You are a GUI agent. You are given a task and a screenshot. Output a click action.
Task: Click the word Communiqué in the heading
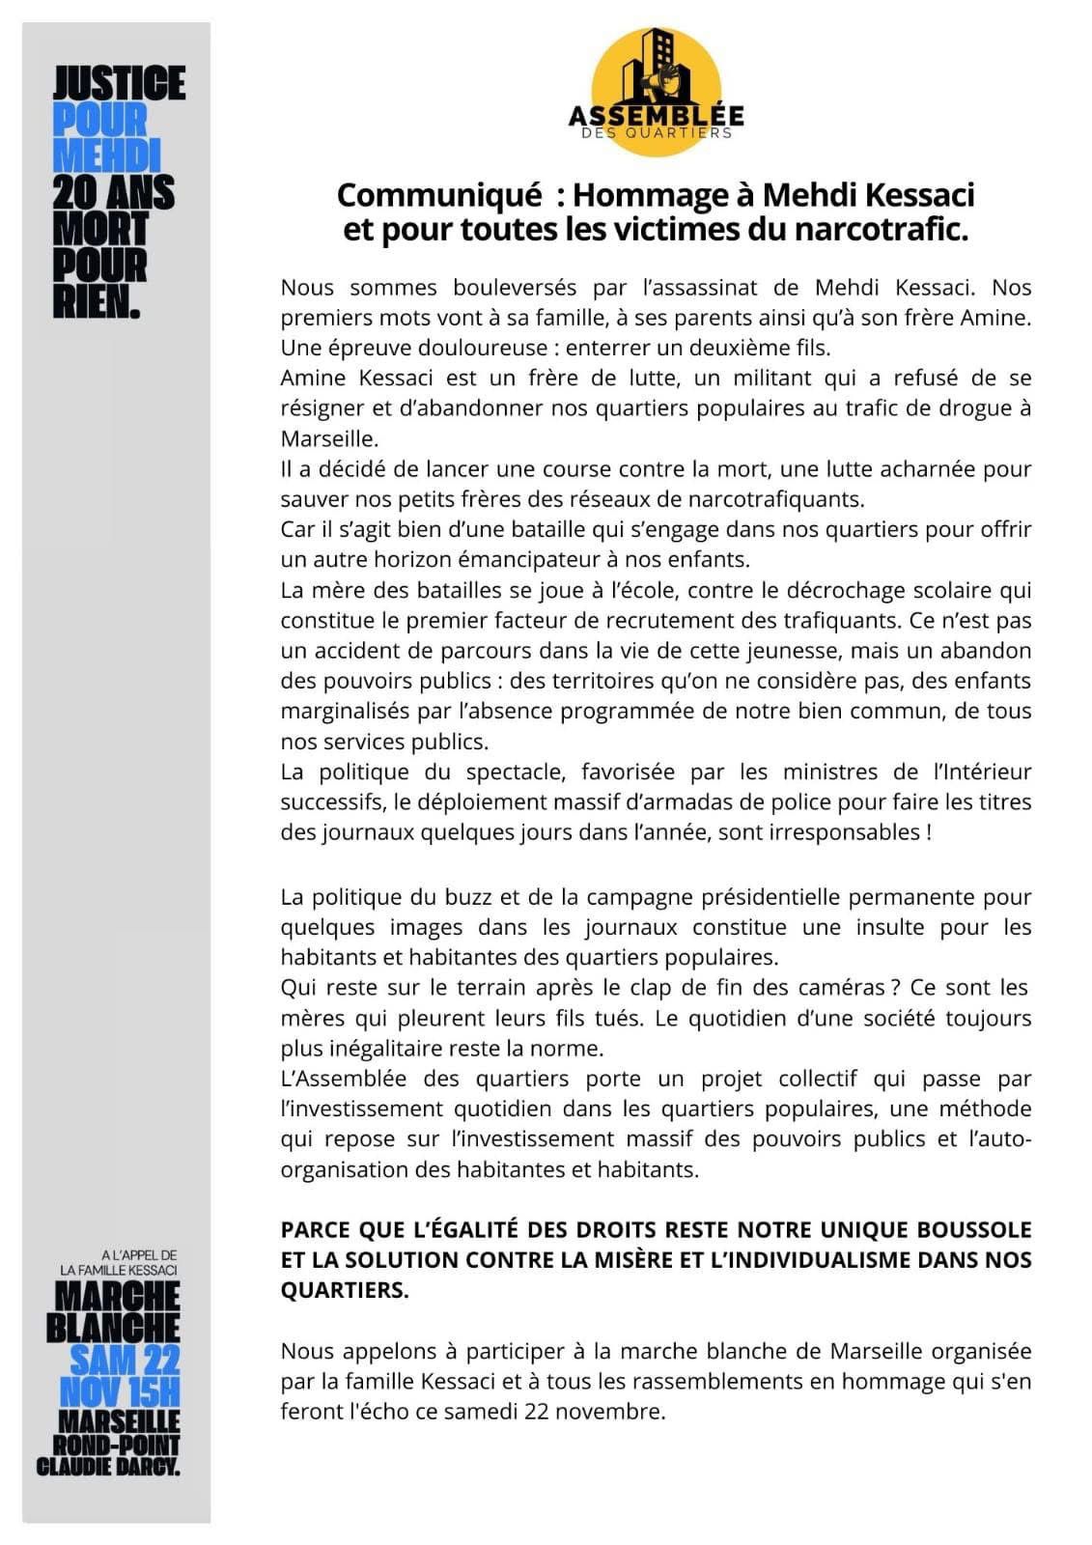(439, 195)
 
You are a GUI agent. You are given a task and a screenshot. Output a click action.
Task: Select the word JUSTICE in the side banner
(119, 84)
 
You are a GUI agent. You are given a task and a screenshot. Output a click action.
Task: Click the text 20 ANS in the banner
(114, 193)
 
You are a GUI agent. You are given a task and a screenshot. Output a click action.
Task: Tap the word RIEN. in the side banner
(97, 302)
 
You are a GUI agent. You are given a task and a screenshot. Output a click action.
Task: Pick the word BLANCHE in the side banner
(113, 1328)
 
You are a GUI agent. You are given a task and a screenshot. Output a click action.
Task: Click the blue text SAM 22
(125, 1361)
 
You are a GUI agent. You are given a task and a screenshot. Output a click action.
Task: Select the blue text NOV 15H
(120, 1392)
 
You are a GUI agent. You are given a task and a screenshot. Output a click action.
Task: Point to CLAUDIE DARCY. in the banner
(108, 1467)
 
